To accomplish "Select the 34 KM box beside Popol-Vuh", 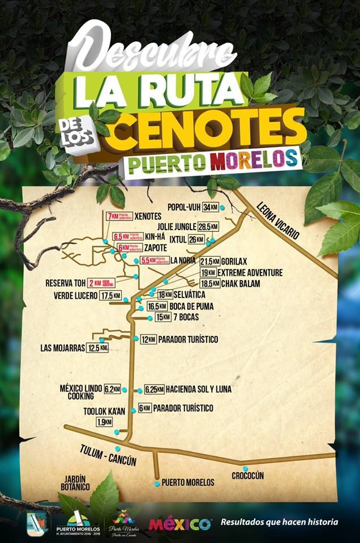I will pos(211,207).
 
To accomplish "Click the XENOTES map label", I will pos(149,216).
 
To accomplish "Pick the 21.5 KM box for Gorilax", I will pos(209,261).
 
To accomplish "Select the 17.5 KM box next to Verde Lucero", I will pos(110,295).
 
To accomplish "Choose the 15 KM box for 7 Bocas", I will pos(162,317).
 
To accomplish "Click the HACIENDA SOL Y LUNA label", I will pos(199,389).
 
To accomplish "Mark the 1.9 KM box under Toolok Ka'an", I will pos(104,422).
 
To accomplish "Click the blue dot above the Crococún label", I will pos(245,468).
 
